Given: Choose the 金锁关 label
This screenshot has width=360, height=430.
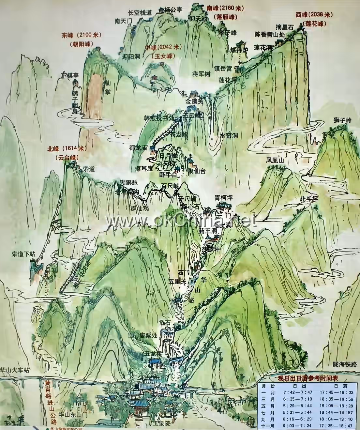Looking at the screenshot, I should [194, 101].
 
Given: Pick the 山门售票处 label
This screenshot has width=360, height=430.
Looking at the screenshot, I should [142, 335].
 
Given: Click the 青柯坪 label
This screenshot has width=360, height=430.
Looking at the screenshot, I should [223, 197].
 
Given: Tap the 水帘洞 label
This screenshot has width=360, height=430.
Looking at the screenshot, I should [228, 136].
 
